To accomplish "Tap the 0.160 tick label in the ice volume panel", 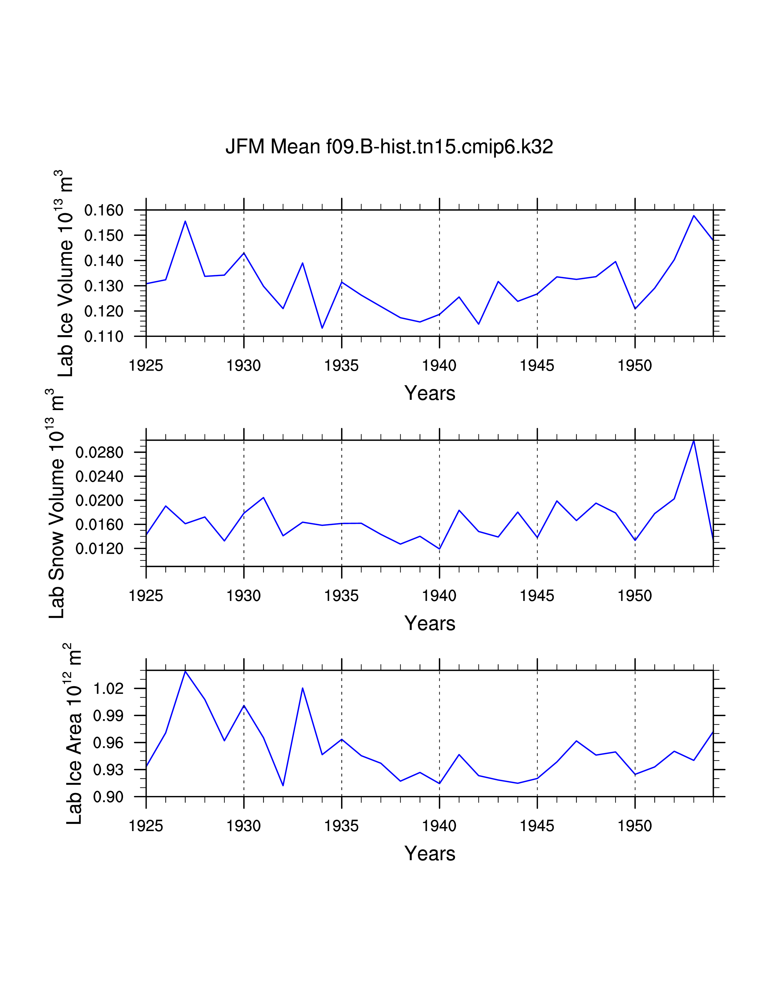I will (104, 211).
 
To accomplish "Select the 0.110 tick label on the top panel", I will (104, 337).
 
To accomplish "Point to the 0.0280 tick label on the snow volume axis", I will (99, 453).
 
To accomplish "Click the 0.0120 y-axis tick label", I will (99, 549).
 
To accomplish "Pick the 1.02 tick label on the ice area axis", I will (108, 688).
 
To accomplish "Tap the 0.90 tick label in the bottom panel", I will (108, 797).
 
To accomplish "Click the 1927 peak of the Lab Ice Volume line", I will (185, 221).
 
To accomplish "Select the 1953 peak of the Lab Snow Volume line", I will (694, 441).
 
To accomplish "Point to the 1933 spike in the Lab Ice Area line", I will (302, 688).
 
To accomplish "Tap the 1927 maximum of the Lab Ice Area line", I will (185, 671).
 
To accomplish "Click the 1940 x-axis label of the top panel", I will (439, 366).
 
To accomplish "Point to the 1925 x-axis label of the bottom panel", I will (146, 826).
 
